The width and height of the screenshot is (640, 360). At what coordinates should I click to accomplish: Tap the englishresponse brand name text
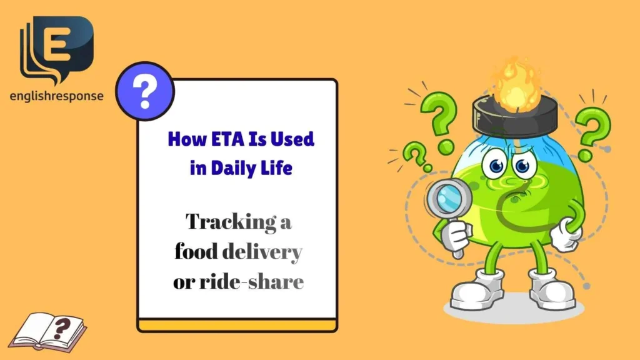click(x=56, y=96)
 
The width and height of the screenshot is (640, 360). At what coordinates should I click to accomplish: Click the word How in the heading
click(x=184, y=140)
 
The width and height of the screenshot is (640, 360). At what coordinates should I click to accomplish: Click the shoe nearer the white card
click(x=477, y=289)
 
